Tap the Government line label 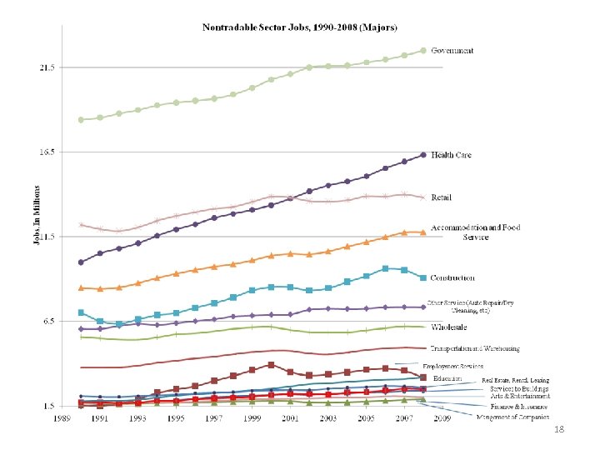452,51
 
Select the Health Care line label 452,156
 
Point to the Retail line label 442,197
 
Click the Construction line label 453,277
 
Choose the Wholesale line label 449,327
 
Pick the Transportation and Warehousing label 475,348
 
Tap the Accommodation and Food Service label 475,232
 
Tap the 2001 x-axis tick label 290,417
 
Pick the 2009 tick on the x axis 442,417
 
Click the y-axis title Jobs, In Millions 36,215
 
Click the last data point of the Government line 423,51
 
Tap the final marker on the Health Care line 423,155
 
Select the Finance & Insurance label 512,407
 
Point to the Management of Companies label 513,417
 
